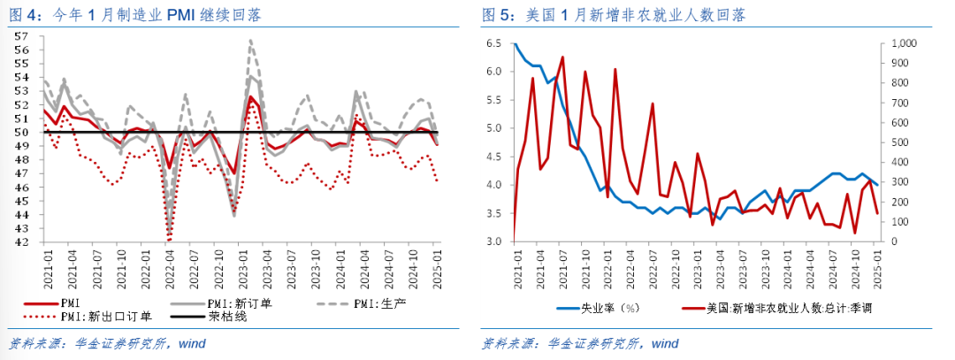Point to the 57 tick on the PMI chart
[23, 37]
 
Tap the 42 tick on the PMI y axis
[23, 241]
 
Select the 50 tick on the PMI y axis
[23, 133]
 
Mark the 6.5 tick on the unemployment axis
[494, 43]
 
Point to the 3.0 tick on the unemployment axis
[494, 241]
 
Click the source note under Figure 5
[580, 342]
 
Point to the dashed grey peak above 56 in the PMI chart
[251, 41]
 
